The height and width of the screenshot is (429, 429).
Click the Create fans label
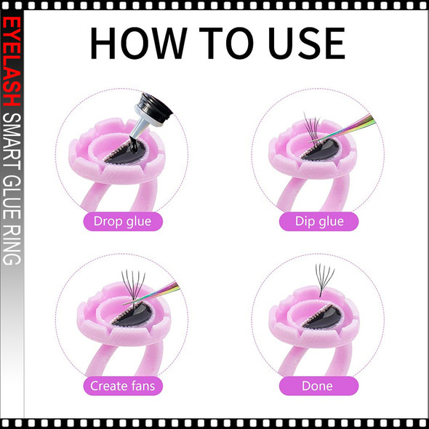pos(121,385)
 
